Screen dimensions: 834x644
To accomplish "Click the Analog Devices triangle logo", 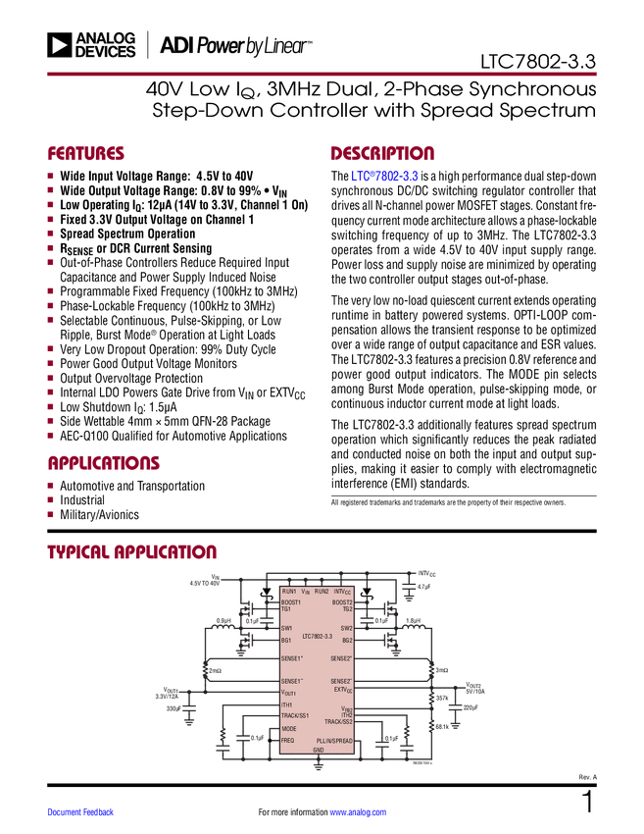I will (x=59, y=45).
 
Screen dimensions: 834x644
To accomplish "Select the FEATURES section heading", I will (x=86, y=154).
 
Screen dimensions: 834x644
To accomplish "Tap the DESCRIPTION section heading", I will (x=383, y=154).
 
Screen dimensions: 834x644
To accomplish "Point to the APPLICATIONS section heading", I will (x=104, y=464).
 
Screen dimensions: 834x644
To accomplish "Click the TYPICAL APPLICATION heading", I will (x=132, y=552).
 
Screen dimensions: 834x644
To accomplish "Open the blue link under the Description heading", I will (x=385, y=177).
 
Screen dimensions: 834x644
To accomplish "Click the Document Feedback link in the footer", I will (x=81, y=811).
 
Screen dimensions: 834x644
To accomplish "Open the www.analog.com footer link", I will (x=358, y=811).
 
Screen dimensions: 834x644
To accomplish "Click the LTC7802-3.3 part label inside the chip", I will (x=317, y=638).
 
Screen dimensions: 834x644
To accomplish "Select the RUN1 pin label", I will (x=289, y=592).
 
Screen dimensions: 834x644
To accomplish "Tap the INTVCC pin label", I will (x=342, y=592).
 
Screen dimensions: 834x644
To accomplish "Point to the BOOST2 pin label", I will (x=342, y=601).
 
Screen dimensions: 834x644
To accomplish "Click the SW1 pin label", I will (x=287, y=628).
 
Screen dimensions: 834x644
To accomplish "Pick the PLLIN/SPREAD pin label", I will (x=334, y=740).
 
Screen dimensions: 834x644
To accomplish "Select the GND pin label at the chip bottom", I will (x=318, y=750).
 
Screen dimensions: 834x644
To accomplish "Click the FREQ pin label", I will (x=288, y=740).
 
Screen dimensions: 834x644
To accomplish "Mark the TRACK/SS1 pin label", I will (x=295, y=716).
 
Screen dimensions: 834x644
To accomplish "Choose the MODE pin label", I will (x=289, y=729).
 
